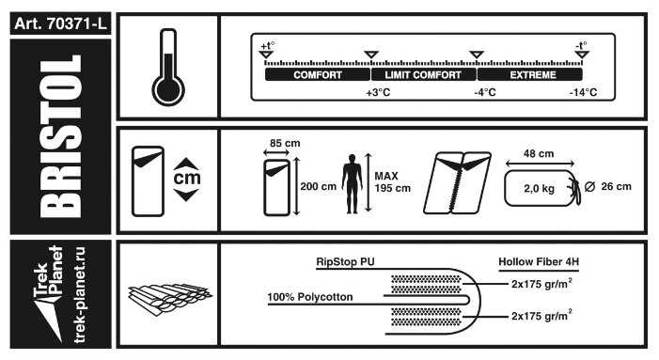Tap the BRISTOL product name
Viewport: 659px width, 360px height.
tap(61, 136)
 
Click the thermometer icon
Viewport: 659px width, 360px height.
tap(168, 68)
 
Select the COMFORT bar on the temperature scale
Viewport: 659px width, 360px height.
tap(318, 75)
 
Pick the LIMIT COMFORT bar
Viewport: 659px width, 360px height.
tap(423, 75)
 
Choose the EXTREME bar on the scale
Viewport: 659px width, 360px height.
tap(530, 75)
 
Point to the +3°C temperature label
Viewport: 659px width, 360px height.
tap(378, 92)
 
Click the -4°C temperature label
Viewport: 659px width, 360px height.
tap(485, 92)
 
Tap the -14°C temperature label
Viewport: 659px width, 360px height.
tap(584, 92)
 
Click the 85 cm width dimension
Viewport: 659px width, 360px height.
tap(285, 143)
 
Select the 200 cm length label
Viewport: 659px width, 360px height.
tap(318, 186)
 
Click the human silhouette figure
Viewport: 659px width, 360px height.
tap(352, 183)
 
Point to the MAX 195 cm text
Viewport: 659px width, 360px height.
tap(393, 182)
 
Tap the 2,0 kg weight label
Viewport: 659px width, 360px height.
tap(539, 189)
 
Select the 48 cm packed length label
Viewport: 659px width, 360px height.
tap(539, 154)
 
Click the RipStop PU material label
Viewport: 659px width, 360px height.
tap(345, 261)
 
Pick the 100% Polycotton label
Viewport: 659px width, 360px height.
tap(310, 297)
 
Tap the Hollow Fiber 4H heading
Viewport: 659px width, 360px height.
tap(539, 261)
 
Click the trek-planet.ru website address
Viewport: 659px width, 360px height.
tap(79, 294)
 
